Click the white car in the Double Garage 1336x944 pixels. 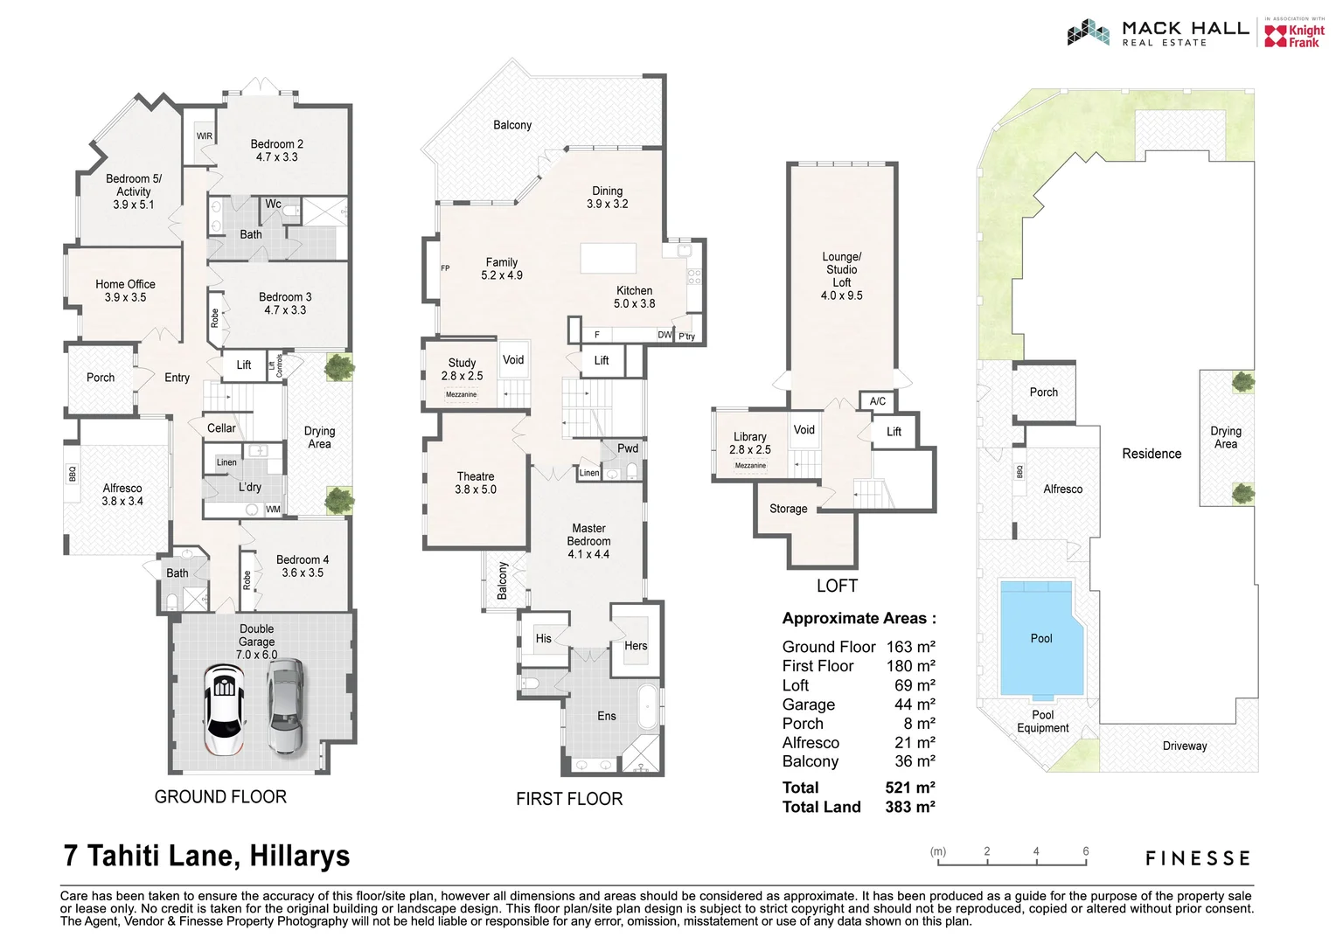pyautogui.click(x=225, y=709)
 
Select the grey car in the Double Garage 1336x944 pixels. pyautogui.click(x=285, y=707)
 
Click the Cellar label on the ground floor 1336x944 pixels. pyautogui.click(x=221, y=428)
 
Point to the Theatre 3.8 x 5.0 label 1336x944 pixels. pyautogui.click(x=475, y=483)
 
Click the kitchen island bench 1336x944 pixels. pyautogui.click(x=609, y=260)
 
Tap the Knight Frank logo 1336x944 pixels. pyautogui.click(x=1295, y=35)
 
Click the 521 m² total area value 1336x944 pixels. pyautogui.click(x=909, y=788)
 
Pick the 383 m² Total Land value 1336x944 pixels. pyautogui.click(x=909, y=807)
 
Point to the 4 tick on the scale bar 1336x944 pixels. pyautogui.click(x=1036, y=852)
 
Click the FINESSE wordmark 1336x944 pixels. pyautogui.click(x=1198, y=858)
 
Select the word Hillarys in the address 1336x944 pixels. pyautogui.click(x=299, y=856)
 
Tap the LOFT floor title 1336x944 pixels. pyautogui.click(x=837, y=586)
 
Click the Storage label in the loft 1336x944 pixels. pyautogui.click(x=788, y=509)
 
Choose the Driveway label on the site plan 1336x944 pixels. pyautogui.click(x=1184, y=746)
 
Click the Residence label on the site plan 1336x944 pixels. pyautogui.click(x=1152, y=454)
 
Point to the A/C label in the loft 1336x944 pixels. pyautogui.click(x=877, y=401)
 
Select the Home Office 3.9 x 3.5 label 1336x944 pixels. pyautogui.click(x=125, y=291)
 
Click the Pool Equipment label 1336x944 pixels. pyautogui.click(x=1042, y=721)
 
